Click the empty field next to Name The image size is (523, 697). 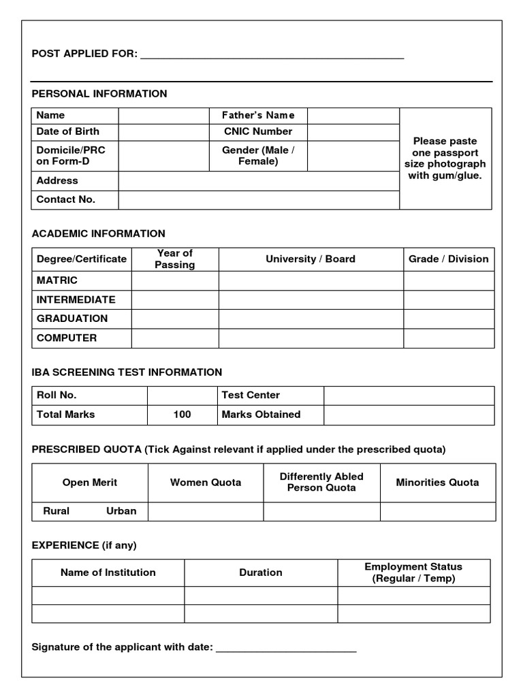163,116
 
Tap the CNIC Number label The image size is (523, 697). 258,131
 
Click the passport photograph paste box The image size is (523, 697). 445,158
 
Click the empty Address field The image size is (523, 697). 259,181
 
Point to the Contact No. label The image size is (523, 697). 66,199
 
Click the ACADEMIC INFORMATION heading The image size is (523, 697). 99,233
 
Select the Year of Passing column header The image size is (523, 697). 175,259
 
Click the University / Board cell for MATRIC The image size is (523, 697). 311,280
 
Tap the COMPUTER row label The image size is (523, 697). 67,338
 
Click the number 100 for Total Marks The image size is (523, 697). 182,414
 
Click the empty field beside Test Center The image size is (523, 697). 409,395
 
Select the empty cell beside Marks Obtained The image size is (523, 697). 409,415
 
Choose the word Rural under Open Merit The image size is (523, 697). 57,511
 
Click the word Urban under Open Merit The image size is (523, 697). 121,511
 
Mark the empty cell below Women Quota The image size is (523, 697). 206,511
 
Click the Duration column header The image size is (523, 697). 261,572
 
